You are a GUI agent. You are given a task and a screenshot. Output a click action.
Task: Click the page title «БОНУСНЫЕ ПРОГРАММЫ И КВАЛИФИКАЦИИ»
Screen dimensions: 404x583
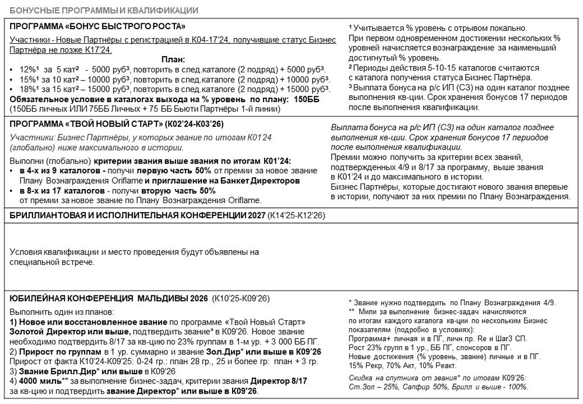[x=104, y=10]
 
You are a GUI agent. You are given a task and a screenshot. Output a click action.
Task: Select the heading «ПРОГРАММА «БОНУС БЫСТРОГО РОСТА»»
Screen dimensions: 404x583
[x=98, y=26]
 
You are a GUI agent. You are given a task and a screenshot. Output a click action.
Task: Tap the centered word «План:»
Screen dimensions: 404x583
[x=173, y=60]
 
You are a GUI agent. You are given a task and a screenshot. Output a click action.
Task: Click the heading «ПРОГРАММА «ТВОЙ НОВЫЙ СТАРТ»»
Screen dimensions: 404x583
[x=89, y=124]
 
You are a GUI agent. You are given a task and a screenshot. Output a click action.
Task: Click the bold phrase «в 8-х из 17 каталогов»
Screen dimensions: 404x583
[x=62, y=191]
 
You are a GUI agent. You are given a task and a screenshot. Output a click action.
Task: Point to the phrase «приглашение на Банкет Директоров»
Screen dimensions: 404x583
[x=229, y=181]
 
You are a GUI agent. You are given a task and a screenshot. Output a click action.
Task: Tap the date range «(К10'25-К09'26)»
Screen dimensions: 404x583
[x=241, y=298]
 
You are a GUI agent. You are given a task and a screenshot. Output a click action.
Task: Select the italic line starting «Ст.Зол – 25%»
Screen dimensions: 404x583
[x=438, y=387]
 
